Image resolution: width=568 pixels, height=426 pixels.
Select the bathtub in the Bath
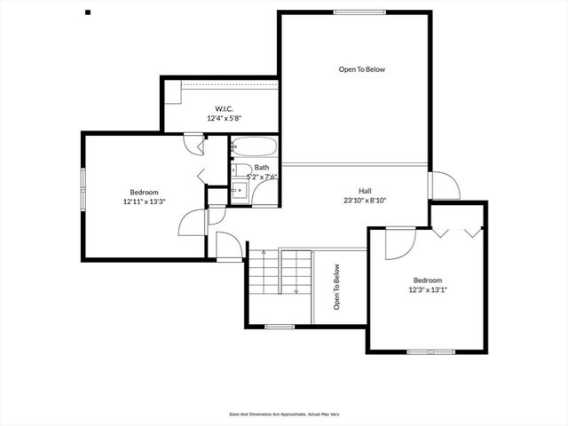(x=255, y=147)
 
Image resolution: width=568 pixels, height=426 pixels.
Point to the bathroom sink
(x=239, y=190)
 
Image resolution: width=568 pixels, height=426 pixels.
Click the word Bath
(x=262, y=168)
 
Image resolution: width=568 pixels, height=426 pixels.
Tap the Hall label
(x=365, y=191)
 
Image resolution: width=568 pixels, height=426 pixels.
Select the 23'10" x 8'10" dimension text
(x=365, y=201)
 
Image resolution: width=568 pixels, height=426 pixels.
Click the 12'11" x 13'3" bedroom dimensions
(x=144, y=201)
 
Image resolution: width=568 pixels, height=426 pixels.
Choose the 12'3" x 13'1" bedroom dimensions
(x=428, y=289)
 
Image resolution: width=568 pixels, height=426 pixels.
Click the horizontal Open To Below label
(x=362, y=68)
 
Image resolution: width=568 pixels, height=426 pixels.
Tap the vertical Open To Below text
(x=337, y=289)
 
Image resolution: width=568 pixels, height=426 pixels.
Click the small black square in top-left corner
(x=87, y=12)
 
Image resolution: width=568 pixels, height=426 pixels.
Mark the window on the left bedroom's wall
(x=83, y=190)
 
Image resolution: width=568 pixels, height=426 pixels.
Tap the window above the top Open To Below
(x=360, y=12)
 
